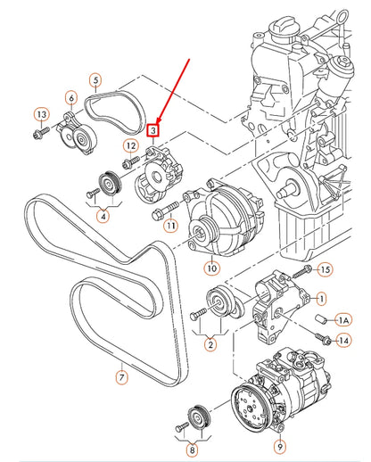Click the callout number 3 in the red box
click(153, 130)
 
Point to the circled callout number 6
click(71, 97)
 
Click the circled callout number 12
click(130, 146)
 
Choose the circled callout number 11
click(169, 226)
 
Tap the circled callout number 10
click(211, 267)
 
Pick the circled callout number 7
click(123, 377)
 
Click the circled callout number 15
click(325, 268)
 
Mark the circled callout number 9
click(279, 446)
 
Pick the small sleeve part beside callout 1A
click(319, 318)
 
